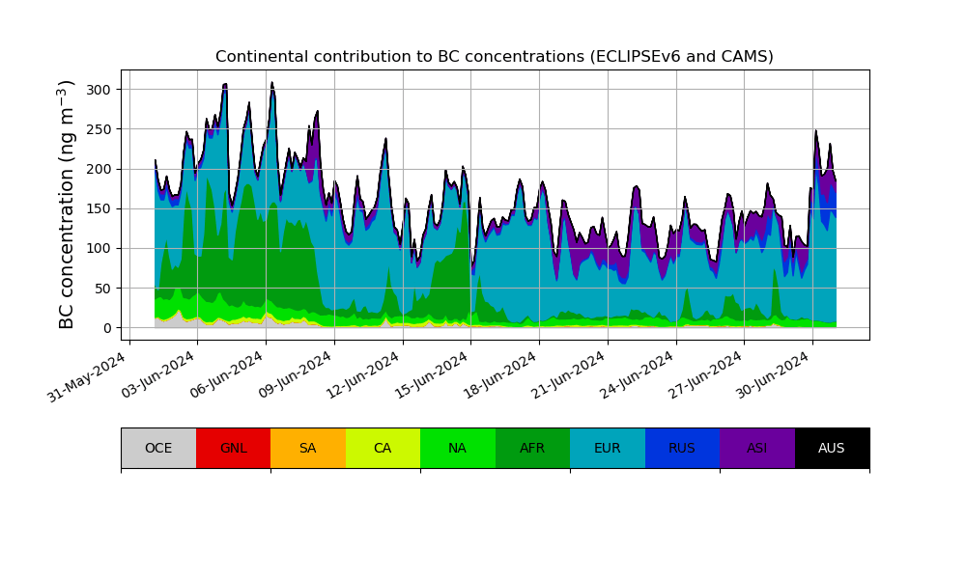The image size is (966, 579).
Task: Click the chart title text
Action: coord(494,57)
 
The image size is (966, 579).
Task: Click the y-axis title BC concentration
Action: coord(67,205)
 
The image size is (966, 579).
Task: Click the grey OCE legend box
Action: coord(158,448)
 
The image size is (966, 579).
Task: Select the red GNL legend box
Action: coord(233,448)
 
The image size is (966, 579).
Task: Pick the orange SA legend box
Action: coord(307,448)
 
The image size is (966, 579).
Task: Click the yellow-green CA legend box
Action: coord(383,448)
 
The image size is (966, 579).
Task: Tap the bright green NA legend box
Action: coord(457,448)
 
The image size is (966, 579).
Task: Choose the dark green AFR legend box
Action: coord(532,448)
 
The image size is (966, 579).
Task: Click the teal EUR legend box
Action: coord(607,448)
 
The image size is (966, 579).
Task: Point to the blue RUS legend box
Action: coord(682,448)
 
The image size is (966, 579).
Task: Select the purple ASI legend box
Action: coord(756,448)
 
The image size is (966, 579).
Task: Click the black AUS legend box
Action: coord(832,448)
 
